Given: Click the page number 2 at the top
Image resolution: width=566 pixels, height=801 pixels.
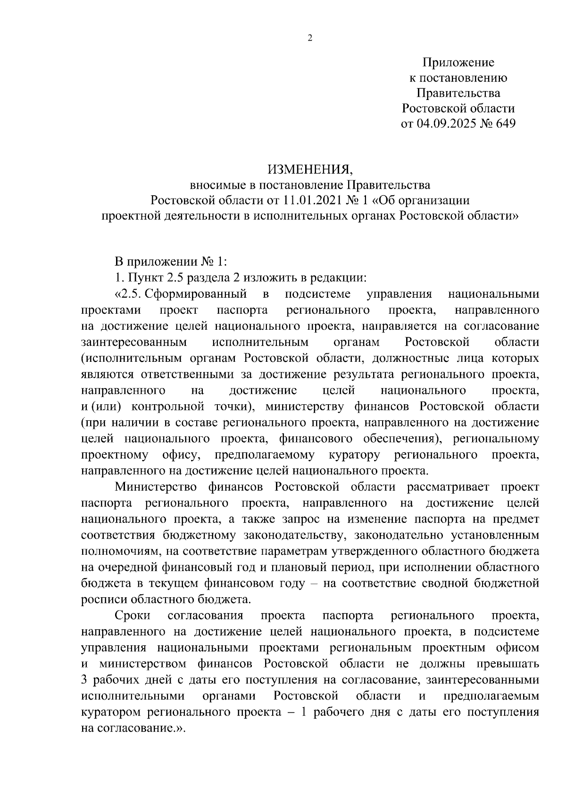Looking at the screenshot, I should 310,39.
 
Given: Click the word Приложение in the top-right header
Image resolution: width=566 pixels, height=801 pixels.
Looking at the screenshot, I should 458,62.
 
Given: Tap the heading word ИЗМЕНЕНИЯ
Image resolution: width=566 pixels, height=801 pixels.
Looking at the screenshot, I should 310,169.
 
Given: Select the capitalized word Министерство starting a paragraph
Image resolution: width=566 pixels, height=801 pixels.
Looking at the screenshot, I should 155,487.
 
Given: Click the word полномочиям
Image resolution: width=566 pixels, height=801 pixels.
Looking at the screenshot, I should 122,551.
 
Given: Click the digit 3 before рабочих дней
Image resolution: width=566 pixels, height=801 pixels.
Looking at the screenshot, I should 84,680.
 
